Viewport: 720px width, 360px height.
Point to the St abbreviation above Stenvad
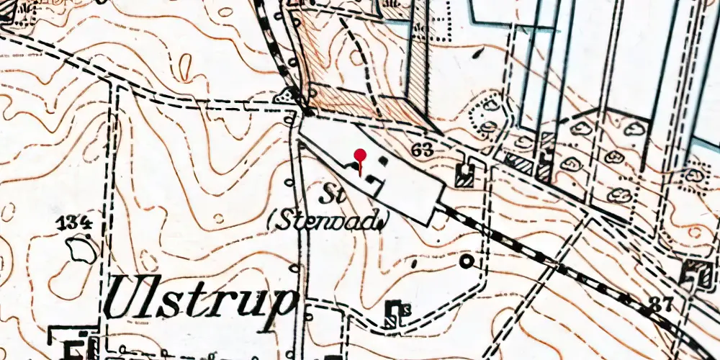point(330,194)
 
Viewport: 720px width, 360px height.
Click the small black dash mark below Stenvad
point(413,264)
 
